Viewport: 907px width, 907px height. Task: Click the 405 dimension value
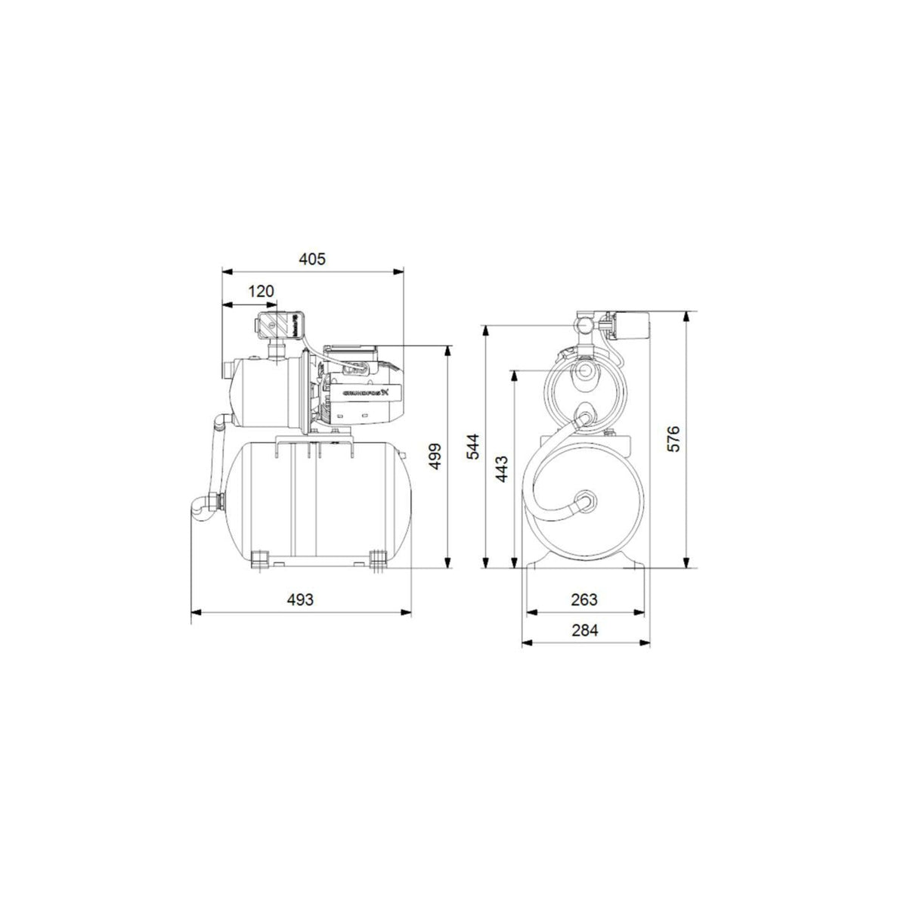(311, 259)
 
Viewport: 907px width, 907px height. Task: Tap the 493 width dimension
(300, 599)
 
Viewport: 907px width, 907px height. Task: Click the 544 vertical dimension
(472, 447)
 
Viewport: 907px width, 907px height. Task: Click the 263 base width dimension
(584, 599)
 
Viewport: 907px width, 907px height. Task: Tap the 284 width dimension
(584, 630)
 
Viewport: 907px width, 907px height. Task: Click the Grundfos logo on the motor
(365, 393)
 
